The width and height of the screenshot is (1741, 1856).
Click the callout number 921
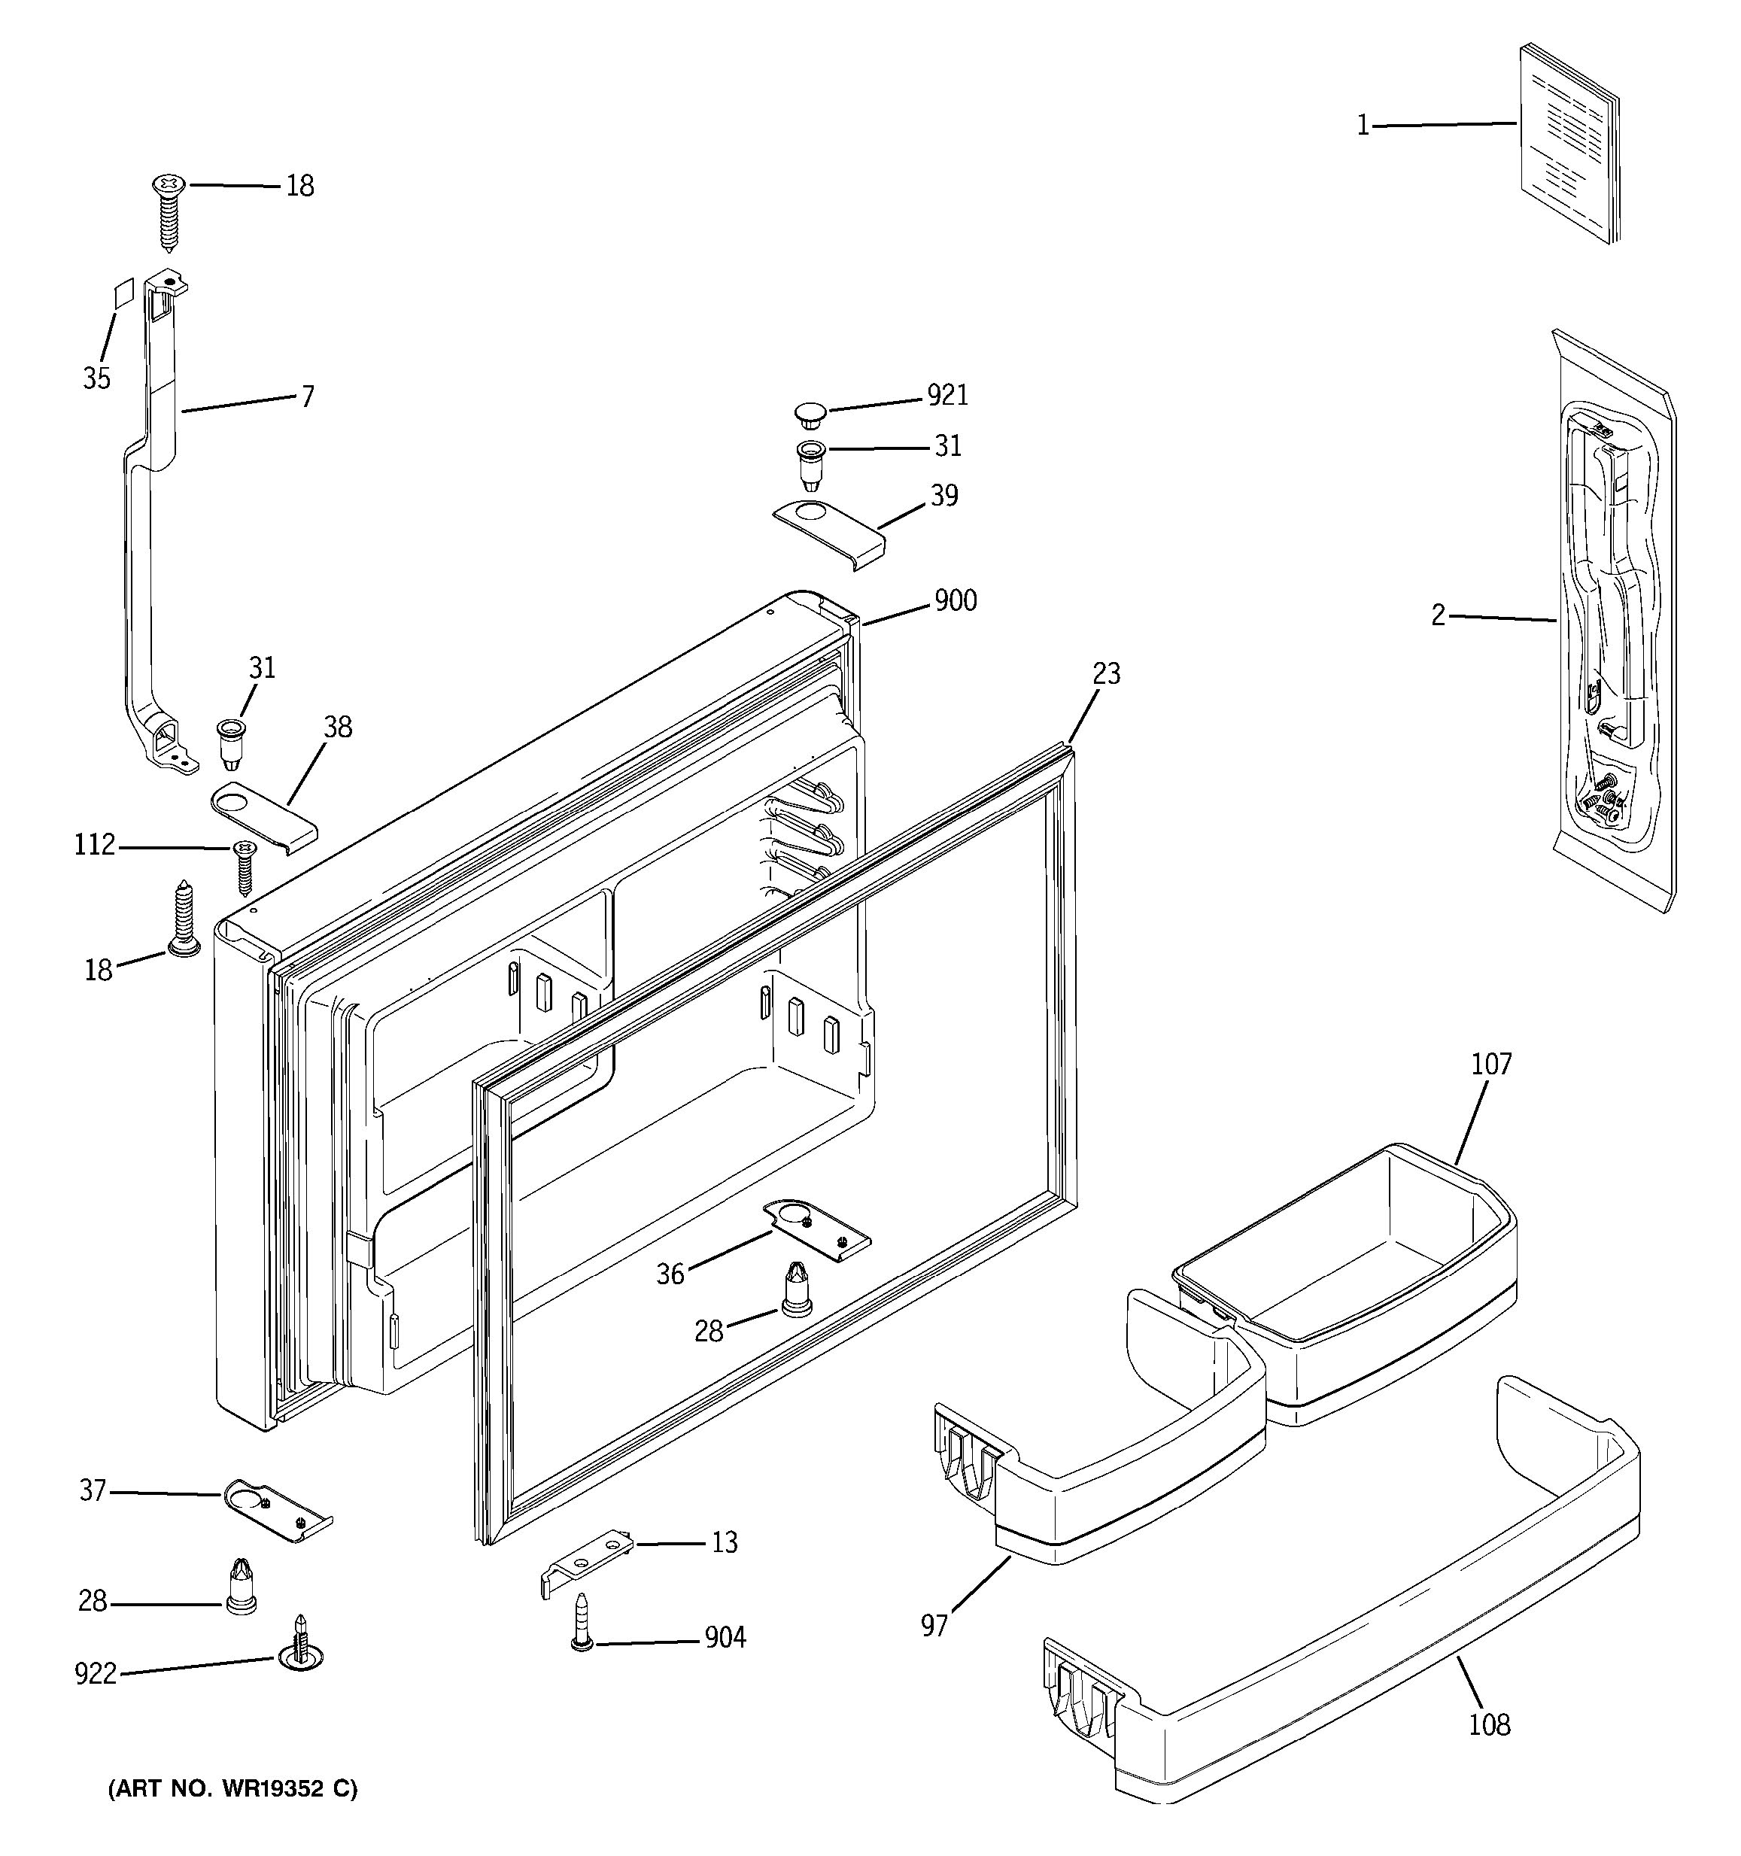pos(947,396)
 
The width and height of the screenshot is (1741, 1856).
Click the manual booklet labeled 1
pos(1567,143)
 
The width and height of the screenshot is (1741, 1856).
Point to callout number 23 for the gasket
pos(1106,673)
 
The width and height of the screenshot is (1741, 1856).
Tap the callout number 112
pos(94,846)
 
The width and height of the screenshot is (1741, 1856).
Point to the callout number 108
pos(1489,1724)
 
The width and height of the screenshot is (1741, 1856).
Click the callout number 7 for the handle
pos(307,396)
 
